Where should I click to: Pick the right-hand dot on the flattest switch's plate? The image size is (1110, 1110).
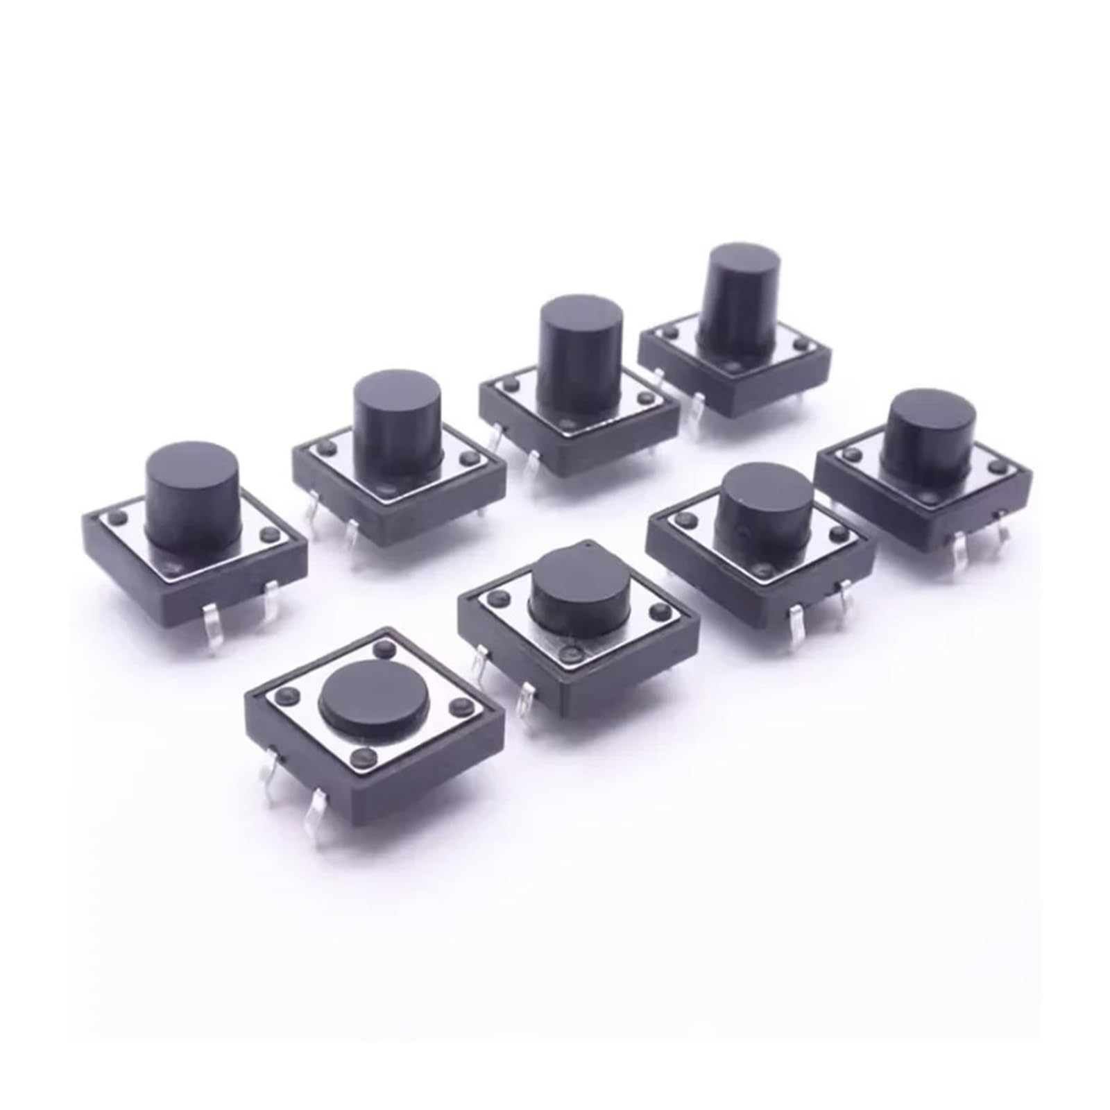click(456, 707)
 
